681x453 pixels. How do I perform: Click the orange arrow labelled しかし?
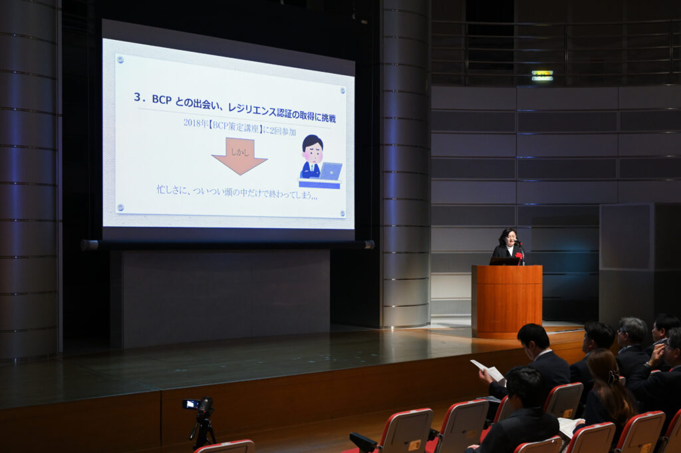(239, 156)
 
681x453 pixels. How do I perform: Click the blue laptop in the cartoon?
(331, 171)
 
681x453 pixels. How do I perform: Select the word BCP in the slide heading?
(162, 100)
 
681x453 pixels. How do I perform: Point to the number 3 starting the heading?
(137, 96)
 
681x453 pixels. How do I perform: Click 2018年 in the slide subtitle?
(196, 123)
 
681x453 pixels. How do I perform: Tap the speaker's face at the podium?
(510, 238)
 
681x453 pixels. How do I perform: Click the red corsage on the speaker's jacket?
(519, 256)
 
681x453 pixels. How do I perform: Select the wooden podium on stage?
(507, 301)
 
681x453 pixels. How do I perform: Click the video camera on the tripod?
(199, 405)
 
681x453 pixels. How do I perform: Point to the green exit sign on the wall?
(543, 75)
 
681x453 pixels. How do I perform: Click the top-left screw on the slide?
(120, 59)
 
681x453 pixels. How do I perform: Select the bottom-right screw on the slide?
(342, 214)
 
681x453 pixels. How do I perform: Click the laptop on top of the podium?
(505, 261)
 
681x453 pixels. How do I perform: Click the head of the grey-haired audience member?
(632, 331)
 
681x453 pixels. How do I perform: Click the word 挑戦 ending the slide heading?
(329, 117)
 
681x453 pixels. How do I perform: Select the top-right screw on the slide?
(342, 90)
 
